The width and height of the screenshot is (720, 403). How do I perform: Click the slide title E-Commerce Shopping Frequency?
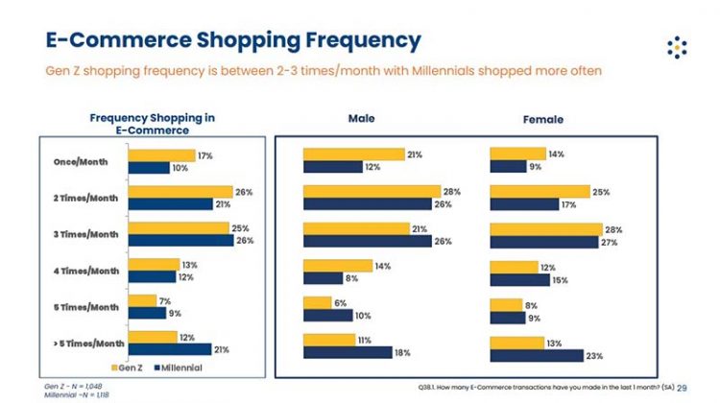pos(233,41)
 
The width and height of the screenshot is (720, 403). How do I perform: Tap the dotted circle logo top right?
pos(678,47)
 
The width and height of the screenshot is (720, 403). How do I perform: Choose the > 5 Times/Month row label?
pos(87,343)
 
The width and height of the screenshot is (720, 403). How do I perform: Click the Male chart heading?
pos(361,118)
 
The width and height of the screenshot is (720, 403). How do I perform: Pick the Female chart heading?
pos(543,119)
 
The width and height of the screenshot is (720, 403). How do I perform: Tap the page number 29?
pos(683,388)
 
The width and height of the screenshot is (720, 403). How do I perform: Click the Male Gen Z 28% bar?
pos(372,191)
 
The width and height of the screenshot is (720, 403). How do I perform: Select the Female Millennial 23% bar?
pos(536,355)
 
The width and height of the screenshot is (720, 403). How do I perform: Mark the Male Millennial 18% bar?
pos(347,352)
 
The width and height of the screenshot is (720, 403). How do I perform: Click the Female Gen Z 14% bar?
pos(516,154)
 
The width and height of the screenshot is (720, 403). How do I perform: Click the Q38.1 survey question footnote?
pos(544,388)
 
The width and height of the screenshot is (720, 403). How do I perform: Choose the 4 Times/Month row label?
pos(87,271)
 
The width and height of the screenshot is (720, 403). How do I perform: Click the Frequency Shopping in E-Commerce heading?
pos(152,123)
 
